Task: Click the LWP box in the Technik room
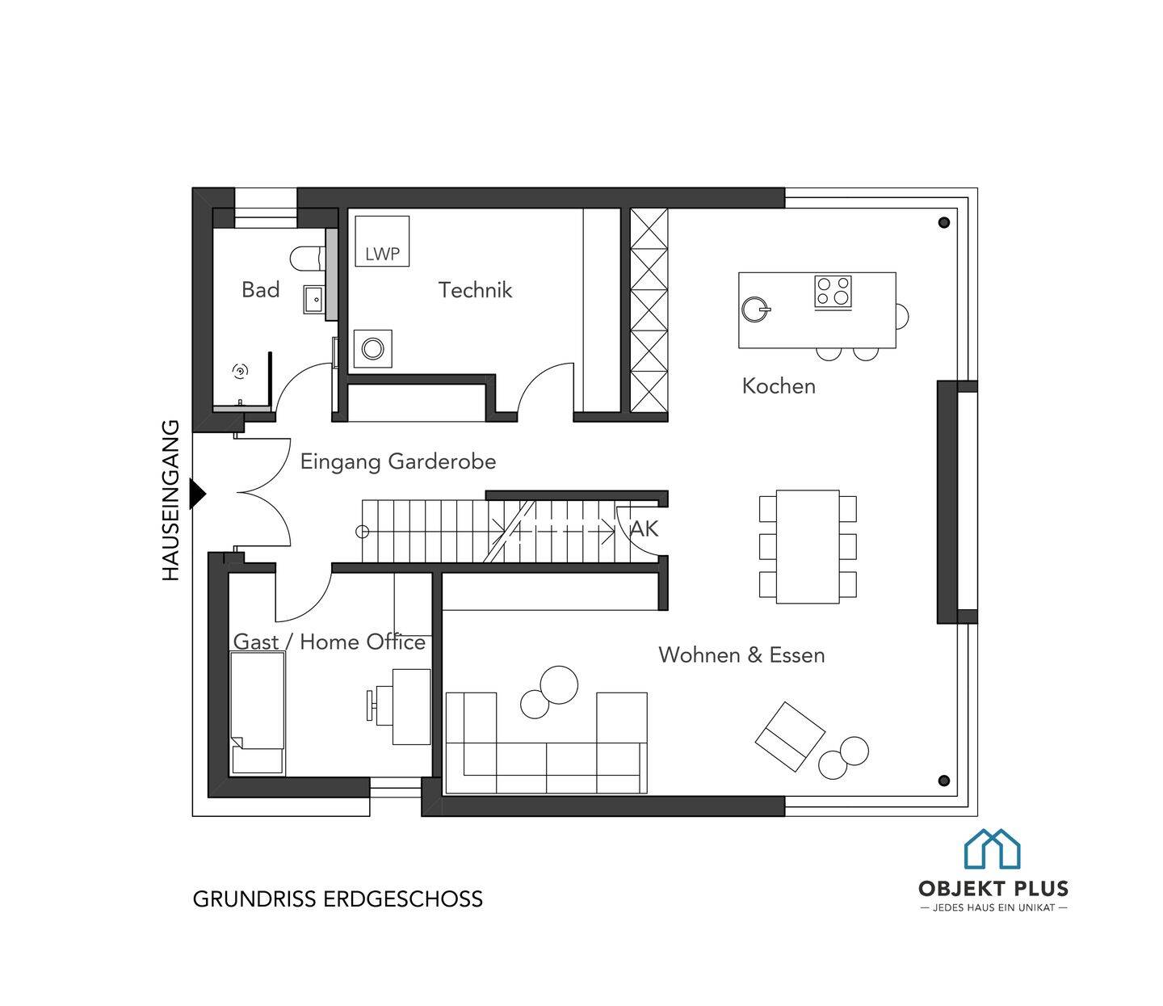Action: click(x=382, y=241)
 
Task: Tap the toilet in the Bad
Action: click(x=308, y=258)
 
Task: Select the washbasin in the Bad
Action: click(x=313, y=299)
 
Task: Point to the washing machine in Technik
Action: click(x=372, y=348)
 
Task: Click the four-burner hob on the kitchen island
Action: click(x=833, y=292)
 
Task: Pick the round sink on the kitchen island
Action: click(x=755, y=309)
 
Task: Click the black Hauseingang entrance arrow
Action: click(x=198, y=494)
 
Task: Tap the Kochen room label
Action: click(x=779, y=386)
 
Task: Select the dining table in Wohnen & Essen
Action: click(x=808, y=546)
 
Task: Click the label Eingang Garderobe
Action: click(x=398, y=461)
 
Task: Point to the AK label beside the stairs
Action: click(x=644, y=528)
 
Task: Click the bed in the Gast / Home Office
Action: click(x=257, y=713)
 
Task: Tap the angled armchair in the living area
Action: click(x=790, y=736)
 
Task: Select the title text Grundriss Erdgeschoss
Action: click(x=338, y=899)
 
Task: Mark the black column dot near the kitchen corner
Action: click(x=944, y=222)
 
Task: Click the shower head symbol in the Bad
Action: click(x=240, y=371)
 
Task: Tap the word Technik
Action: click(x=475, y=290)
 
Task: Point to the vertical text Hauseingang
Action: click(x=170, y=500)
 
